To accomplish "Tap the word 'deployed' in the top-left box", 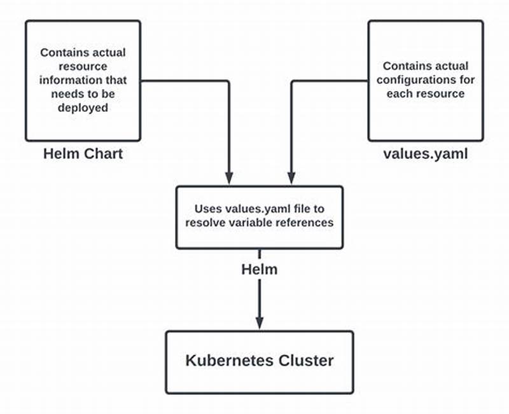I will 83,108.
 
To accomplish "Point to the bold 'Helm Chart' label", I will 83,154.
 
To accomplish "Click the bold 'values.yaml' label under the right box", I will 426,154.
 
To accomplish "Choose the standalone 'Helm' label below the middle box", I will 259,269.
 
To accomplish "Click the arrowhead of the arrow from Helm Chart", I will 228,178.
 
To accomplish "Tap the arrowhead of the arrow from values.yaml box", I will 291,178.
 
